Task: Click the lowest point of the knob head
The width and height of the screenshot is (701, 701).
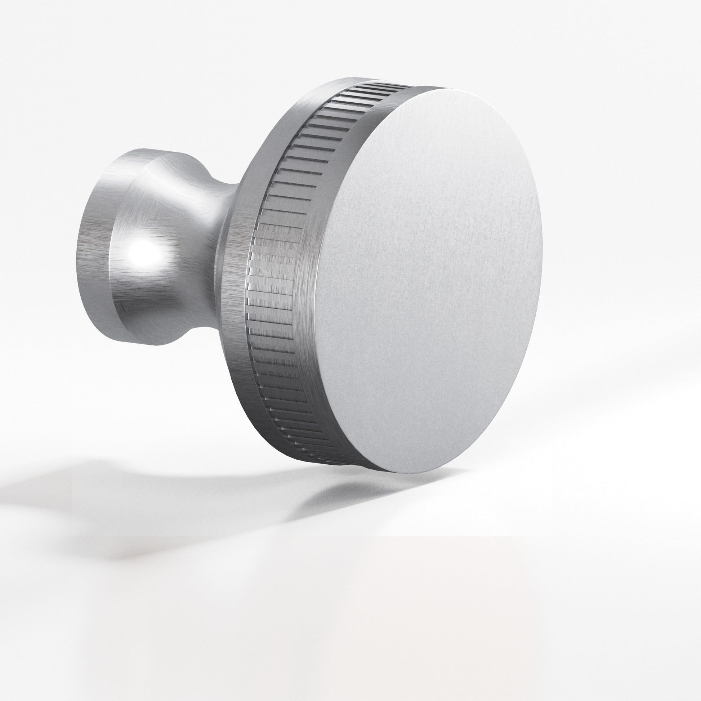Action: point(403,473)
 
